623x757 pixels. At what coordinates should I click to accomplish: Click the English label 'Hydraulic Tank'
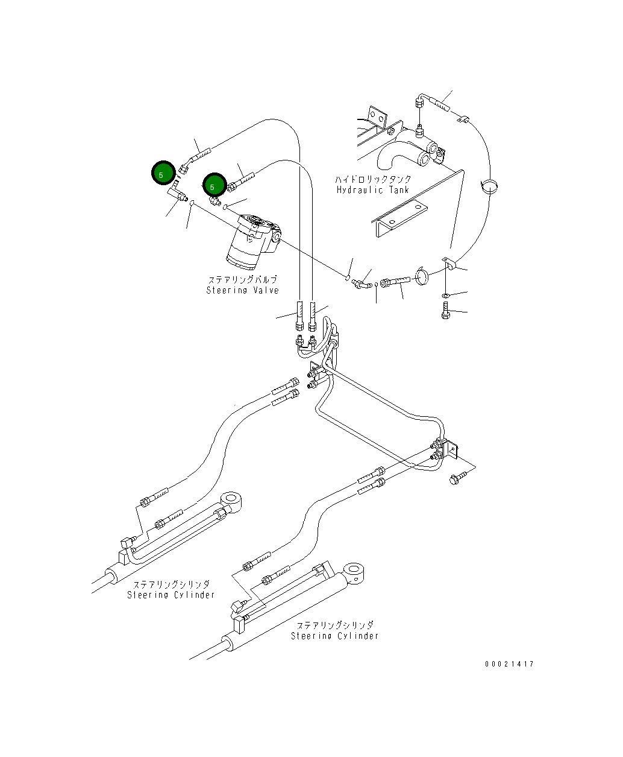click(372, 190)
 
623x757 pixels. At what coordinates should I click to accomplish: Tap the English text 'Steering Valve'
click(242, 290)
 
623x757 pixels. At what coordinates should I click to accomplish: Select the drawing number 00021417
click(509, 664)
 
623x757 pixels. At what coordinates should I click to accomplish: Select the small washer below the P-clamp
click(445, 295)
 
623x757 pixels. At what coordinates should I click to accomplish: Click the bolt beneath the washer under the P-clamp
click(445, 312)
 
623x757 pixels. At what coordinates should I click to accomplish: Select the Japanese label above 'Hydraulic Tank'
click(373, 180)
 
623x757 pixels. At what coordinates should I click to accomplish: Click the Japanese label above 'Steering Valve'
click(242, 280)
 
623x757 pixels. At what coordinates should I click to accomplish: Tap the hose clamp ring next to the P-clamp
click(423, 276)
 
